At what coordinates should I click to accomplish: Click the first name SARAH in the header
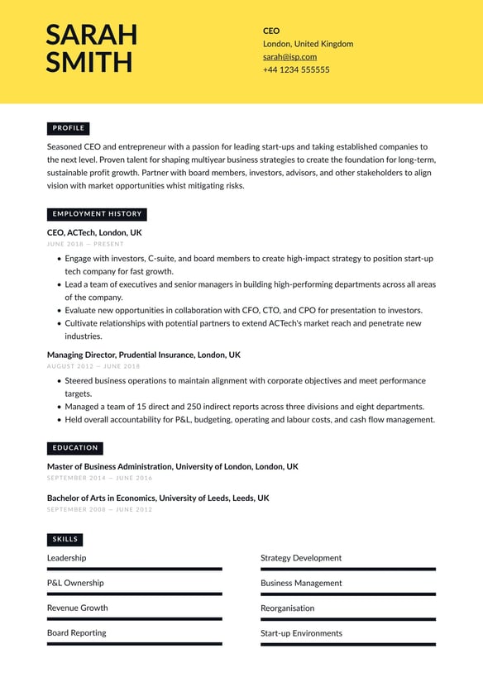[91, 35]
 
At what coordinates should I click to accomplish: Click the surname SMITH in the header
[88, 63]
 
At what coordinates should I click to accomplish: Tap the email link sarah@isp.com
[289, 57]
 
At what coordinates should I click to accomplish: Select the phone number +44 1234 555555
[296, 70]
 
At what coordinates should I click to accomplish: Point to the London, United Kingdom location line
[308, 44]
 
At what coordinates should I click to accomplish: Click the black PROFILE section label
[68, 128]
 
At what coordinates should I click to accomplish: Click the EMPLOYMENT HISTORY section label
[97, 214]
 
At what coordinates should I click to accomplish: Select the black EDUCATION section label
[75, 448]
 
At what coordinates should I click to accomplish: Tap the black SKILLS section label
[65, 540]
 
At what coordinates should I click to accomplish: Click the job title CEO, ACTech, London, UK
[94, 233]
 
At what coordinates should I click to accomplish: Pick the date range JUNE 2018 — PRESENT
[85, 245]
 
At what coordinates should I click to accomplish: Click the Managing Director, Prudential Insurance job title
[143, 355]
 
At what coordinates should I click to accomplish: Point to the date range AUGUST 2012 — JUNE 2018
[93, 366]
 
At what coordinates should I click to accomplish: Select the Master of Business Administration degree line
[172, 467]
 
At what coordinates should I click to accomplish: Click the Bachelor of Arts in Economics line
[157, 498]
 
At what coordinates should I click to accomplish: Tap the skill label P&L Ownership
[75, 583]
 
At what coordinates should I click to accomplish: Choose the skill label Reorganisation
[287, 608]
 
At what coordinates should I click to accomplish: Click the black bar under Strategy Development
[347, 570]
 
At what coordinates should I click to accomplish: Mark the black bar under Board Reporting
[134, 644]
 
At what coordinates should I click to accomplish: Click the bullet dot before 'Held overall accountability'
[59, 420]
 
